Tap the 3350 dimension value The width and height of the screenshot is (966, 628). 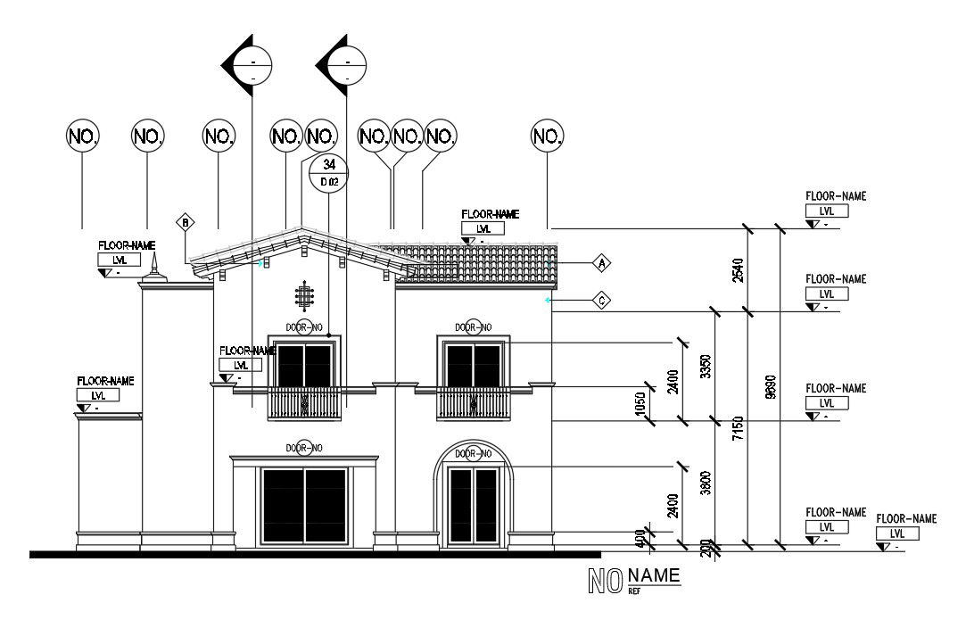click(x=705, y=366)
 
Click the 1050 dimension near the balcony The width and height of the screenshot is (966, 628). click(x=639, y=403)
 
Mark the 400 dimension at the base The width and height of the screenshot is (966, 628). click(x=639, y=538)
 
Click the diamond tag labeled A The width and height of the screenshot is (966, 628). click(x=602, y=263)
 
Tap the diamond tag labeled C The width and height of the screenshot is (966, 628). click(x=602, y=301)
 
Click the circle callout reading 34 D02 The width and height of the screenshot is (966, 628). click(x=329, y=172)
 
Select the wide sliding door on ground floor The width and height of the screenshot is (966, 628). click(x=303, y=505)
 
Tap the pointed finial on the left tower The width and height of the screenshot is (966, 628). click(x=154, y=265)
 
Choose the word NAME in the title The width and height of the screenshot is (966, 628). click(x=654, y=576)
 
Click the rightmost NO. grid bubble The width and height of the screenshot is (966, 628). click(x=548, y=136)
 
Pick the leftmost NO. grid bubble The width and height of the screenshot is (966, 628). click(x=83, y=136)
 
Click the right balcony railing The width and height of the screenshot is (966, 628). click(x=473, y=403)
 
